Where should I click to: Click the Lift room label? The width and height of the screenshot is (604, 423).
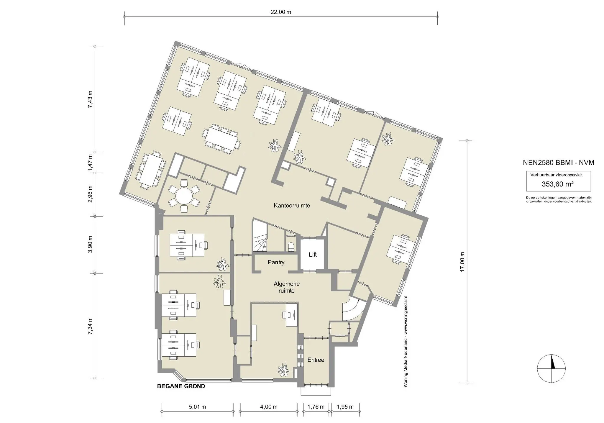coord(313,254)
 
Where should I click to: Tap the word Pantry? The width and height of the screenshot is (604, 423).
coord(276,262)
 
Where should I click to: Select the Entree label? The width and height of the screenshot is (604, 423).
coord(316,360)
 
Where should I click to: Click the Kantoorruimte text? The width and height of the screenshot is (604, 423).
coord(292,206)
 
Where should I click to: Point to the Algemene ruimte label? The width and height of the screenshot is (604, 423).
coord(287,287)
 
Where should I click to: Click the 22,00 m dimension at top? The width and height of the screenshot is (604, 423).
coord(281,12)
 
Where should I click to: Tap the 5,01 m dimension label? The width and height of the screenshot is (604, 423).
coord(197,407)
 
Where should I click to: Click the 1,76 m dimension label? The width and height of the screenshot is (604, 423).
coord(316,407)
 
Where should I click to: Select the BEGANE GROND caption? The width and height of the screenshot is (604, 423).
coord(181,386)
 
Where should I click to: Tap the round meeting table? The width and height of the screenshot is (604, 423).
coord(184,196)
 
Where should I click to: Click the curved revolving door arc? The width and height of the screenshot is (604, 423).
coord(350,310)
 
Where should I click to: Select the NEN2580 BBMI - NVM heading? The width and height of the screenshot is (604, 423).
coord(558,163)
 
